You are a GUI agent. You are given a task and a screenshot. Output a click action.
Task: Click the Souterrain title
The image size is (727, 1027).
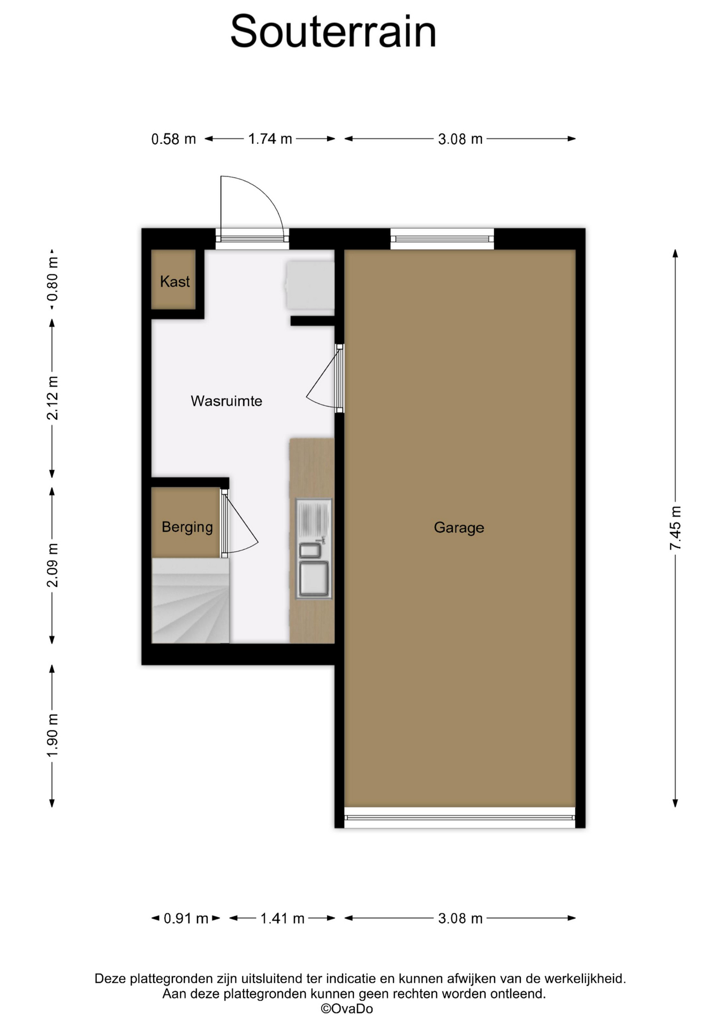333,32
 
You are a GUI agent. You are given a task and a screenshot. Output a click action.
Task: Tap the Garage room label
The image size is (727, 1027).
459,527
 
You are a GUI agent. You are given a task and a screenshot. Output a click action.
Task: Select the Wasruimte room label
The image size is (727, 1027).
226,401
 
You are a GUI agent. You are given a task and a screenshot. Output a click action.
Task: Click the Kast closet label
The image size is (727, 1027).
175,281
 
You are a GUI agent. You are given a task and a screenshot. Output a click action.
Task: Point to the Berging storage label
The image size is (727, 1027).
187,527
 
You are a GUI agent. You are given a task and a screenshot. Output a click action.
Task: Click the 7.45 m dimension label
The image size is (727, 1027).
675,528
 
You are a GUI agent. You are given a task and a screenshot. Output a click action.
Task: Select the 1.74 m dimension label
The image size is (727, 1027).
270,139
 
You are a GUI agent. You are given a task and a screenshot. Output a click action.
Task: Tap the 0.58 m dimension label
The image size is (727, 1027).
173,139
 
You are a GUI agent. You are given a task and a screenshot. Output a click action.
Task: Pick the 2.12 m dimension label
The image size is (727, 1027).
52,398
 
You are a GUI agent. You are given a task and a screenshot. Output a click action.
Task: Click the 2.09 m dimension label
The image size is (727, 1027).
52,565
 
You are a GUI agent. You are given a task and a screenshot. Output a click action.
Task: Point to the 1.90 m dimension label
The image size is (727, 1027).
52,735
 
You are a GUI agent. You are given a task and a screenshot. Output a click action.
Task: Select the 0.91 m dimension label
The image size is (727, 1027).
186,918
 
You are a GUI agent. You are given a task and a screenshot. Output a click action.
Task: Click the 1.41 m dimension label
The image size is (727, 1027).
282,918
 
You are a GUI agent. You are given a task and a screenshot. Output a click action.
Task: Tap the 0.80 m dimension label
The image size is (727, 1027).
52,279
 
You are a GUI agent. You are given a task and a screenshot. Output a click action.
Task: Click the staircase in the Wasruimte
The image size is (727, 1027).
191,600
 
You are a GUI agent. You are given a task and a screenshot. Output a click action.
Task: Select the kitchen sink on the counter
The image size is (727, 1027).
314,549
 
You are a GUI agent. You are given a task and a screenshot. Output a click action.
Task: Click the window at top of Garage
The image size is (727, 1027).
442,239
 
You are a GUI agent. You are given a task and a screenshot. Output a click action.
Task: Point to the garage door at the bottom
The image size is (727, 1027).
459,817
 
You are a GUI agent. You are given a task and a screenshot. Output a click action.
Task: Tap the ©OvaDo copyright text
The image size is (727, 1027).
347,1009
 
